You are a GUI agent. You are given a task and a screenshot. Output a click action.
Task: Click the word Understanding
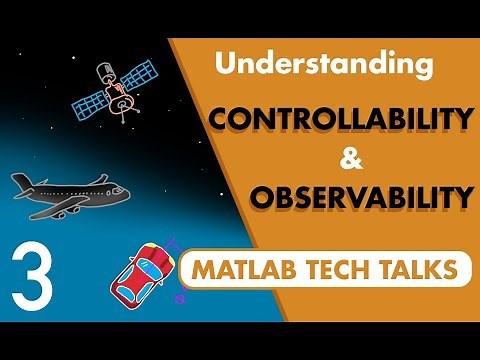[x=324, y=66]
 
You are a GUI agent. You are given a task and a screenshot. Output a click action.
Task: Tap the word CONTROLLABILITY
[x=340, y=122]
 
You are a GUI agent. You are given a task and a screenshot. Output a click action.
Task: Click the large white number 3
[x=32, y=271]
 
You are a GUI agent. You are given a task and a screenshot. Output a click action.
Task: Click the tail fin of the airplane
[x=21, y=182]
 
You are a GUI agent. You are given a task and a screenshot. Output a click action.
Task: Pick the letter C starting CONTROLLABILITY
[x=219, y=122]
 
